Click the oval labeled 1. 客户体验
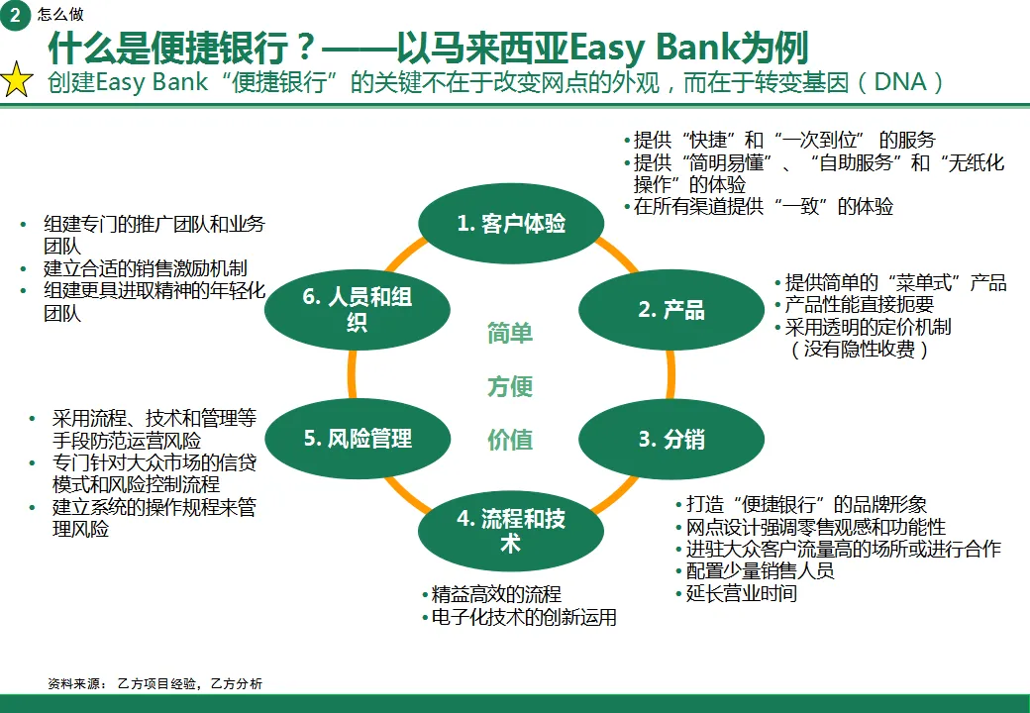point(511,224)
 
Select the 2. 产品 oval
point(670,310)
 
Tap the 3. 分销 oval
point(670,439)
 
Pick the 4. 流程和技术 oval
point(511,531)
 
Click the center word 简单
point(510,333)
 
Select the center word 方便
point(510,386)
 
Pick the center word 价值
point(510,440)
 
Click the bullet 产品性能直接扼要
point(859,305)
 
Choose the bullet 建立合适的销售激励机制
point(145,268)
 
